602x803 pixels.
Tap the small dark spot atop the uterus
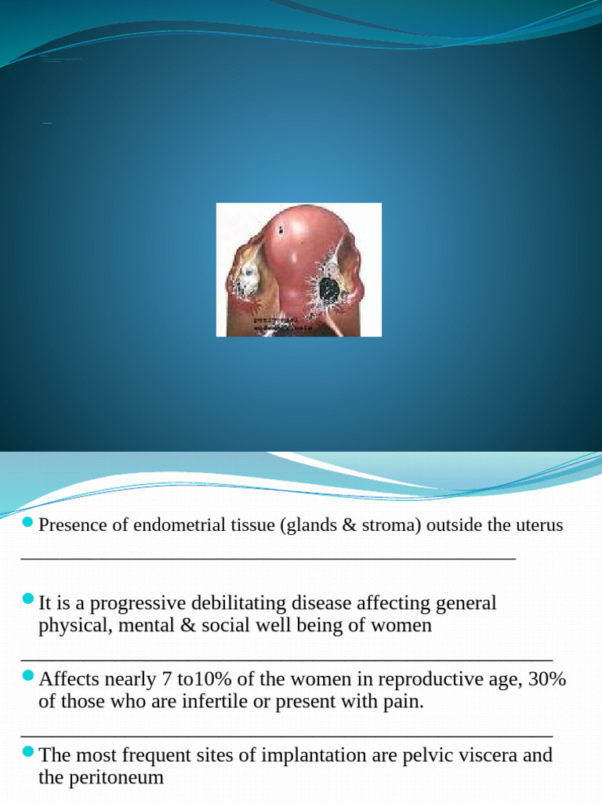pos(281,231)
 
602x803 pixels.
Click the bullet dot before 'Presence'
pos(28,523)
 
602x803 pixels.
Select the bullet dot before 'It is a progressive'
pos(28,601)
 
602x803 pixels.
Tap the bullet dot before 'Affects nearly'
pos(28,677)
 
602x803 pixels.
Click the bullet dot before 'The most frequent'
pos(28,753)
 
